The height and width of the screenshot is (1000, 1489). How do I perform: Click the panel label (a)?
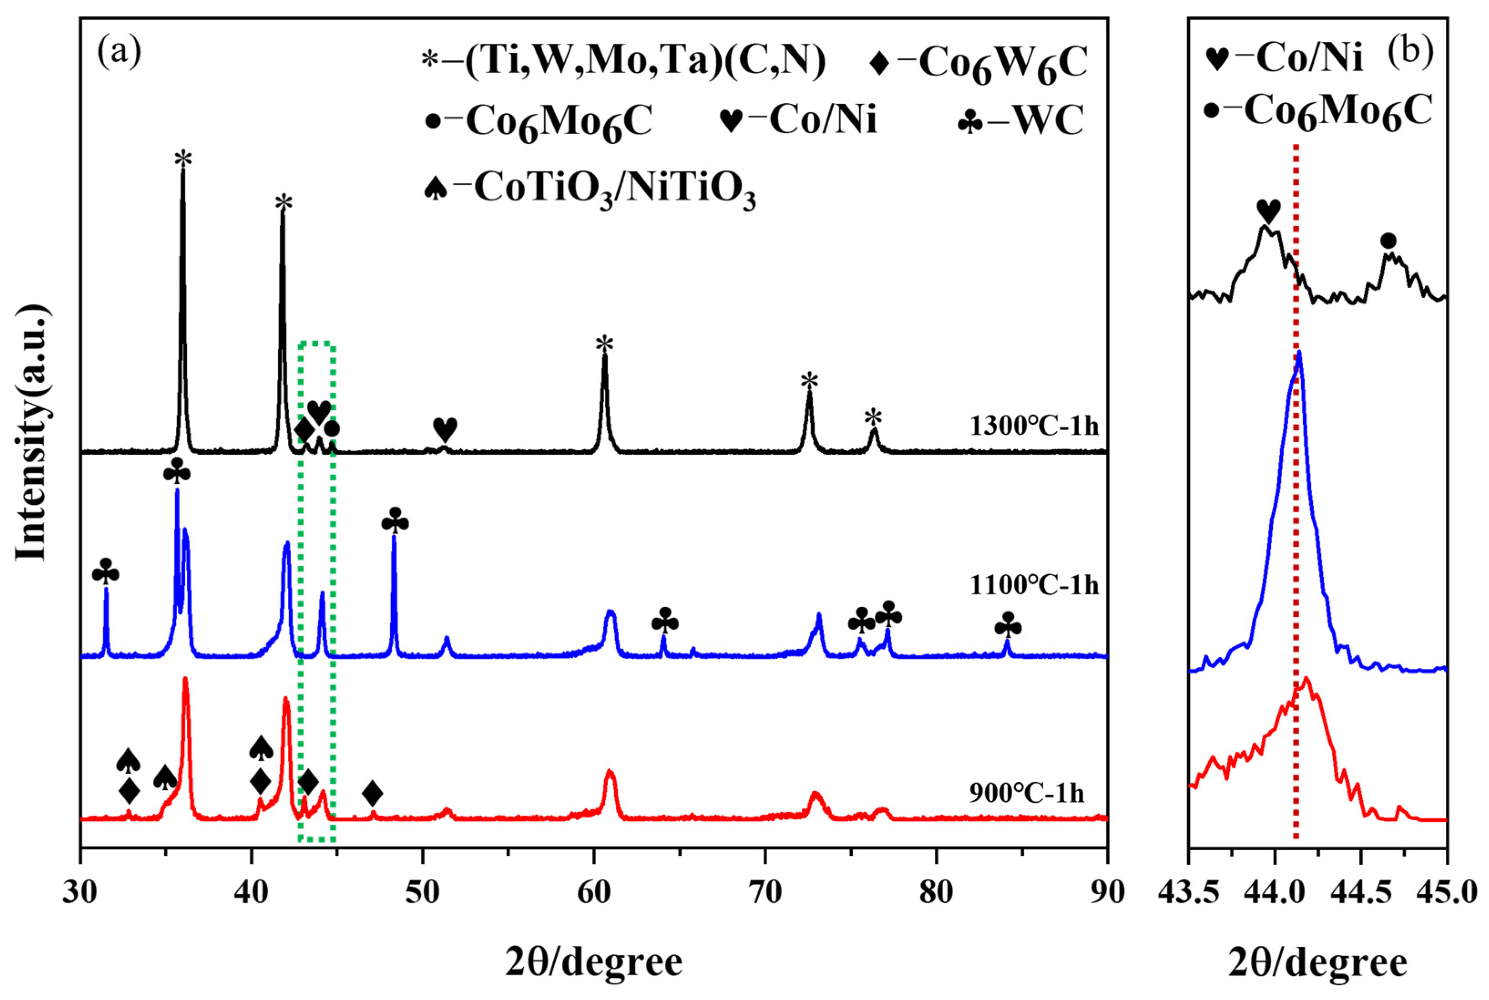(119, 54)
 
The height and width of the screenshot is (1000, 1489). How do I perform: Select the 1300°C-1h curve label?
(1034, 426)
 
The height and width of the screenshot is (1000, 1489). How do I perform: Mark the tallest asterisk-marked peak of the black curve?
(183, 172)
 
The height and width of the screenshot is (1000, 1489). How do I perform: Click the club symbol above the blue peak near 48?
(395, 522)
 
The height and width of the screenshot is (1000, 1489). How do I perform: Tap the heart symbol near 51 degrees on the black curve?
(445, 429)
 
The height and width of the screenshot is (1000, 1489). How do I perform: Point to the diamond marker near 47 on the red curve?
(372, 794)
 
